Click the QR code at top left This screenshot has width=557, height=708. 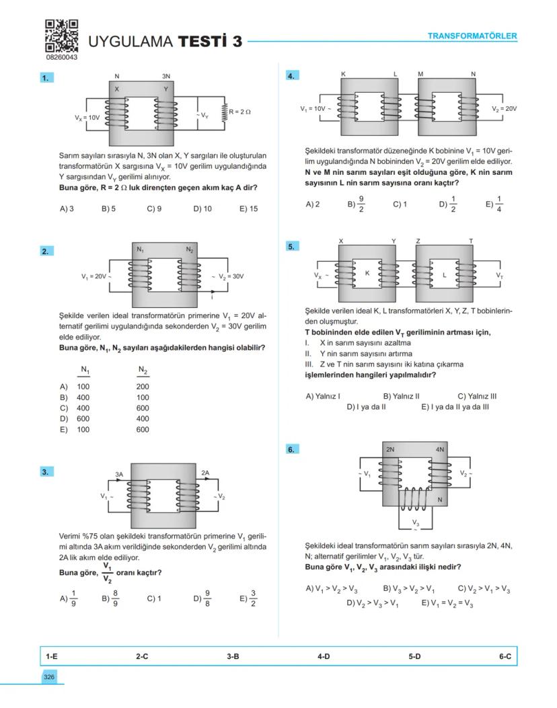coord(61,36)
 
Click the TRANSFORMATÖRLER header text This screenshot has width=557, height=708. coord(472,36)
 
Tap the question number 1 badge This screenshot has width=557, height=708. coord(46,79)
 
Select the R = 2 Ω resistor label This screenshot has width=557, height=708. coord(239,111)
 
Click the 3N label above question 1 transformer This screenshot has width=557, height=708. coord(166,77)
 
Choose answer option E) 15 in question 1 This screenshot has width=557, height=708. coord(248,209)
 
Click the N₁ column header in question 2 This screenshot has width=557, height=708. coord(85,370)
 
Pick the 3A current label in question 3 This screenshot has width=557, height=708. coord(119,474)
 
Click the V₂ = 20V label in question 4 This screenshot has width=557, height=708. coord(504,108)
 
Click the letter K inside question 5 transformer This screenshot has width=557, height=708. coord(367,273)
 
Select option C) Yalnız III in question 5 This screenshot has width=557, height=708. coord(477,396)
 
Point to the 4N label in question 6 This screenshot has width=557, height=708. coord(440,448)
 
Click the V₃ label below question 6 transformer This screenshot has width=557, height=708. coord(415,522)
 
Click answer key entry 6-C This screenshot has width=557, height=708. coord(505,656)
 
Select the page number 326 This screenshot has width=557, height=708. coord(49,677)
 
